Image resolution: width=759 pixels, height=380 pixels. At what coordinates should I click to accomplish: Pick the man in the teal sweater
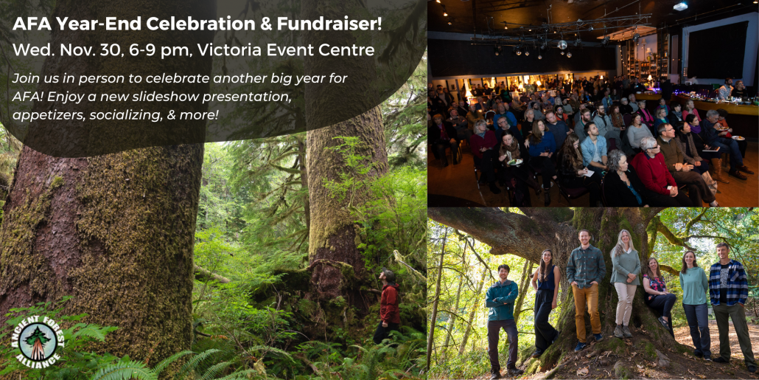(503, 314)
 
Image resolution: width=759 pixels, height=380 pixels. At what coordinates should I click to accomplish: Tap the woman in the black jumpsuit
(546, 298)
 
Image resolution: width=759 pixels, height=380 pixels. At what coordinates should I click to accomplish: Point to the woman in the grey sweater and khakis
(626, 280)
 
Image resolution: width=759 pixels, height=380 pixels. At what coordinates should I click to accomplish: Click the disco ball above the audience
(562, 44)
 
